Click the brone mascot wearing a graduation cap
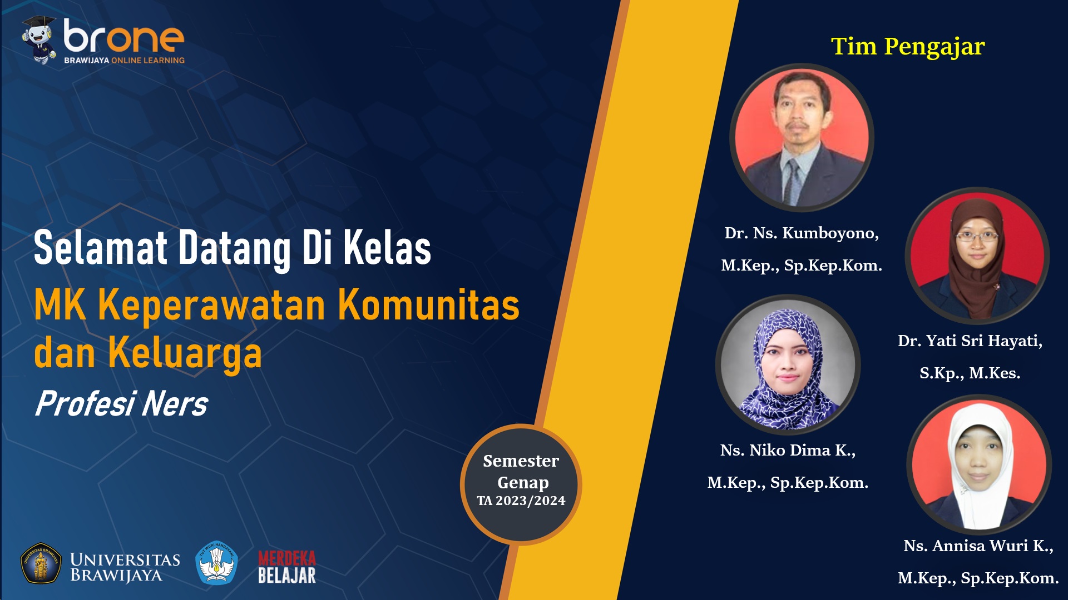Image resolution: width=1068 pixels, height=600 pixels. point(39,39)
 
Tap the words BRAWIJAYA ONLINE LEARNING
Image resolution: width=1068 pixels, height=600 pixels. point(124,60)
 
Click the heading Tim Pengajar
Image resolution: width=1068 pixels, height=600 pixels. point(908,46)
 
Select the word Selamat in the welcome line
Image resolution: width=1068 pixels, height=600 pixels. point(101,248)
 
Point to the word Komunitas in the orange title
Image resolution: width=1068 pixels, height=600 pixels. point(429,305)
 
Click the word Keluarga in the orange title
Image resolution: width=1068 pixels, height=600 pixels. point(185,353)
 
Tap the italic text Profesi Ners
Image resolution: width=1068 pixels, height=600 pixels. point(121,404)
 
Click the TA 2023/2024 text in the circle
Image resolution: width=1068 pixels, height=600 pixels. point(521,501)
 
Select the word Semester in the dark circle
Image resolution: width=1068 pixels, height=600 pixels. point(521,461)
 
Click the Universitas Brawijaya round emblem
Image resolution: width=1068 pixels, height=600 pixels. point(41,563)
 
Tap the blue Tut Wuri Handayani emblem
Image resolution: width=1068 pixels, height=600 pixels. point(217,563)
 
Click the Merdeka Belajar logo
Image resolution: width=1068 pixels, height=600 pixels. point(287,567)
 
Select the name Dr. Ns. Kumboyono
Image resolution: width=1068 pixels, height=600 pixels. point(802,233)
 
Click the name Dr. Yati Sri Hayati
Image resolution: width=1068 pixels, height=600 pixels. point(970,341)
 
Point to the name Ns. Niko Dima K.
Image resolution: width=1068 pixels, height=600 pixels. point(788,450)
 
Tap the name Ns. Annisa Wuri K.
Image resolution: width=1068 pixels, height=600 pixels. point(978,546)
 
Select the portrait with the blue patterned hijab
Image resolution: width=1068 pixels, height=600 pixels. point(788,364)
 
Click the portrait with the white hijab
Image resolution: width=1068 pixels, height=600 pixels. point(979,464)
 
